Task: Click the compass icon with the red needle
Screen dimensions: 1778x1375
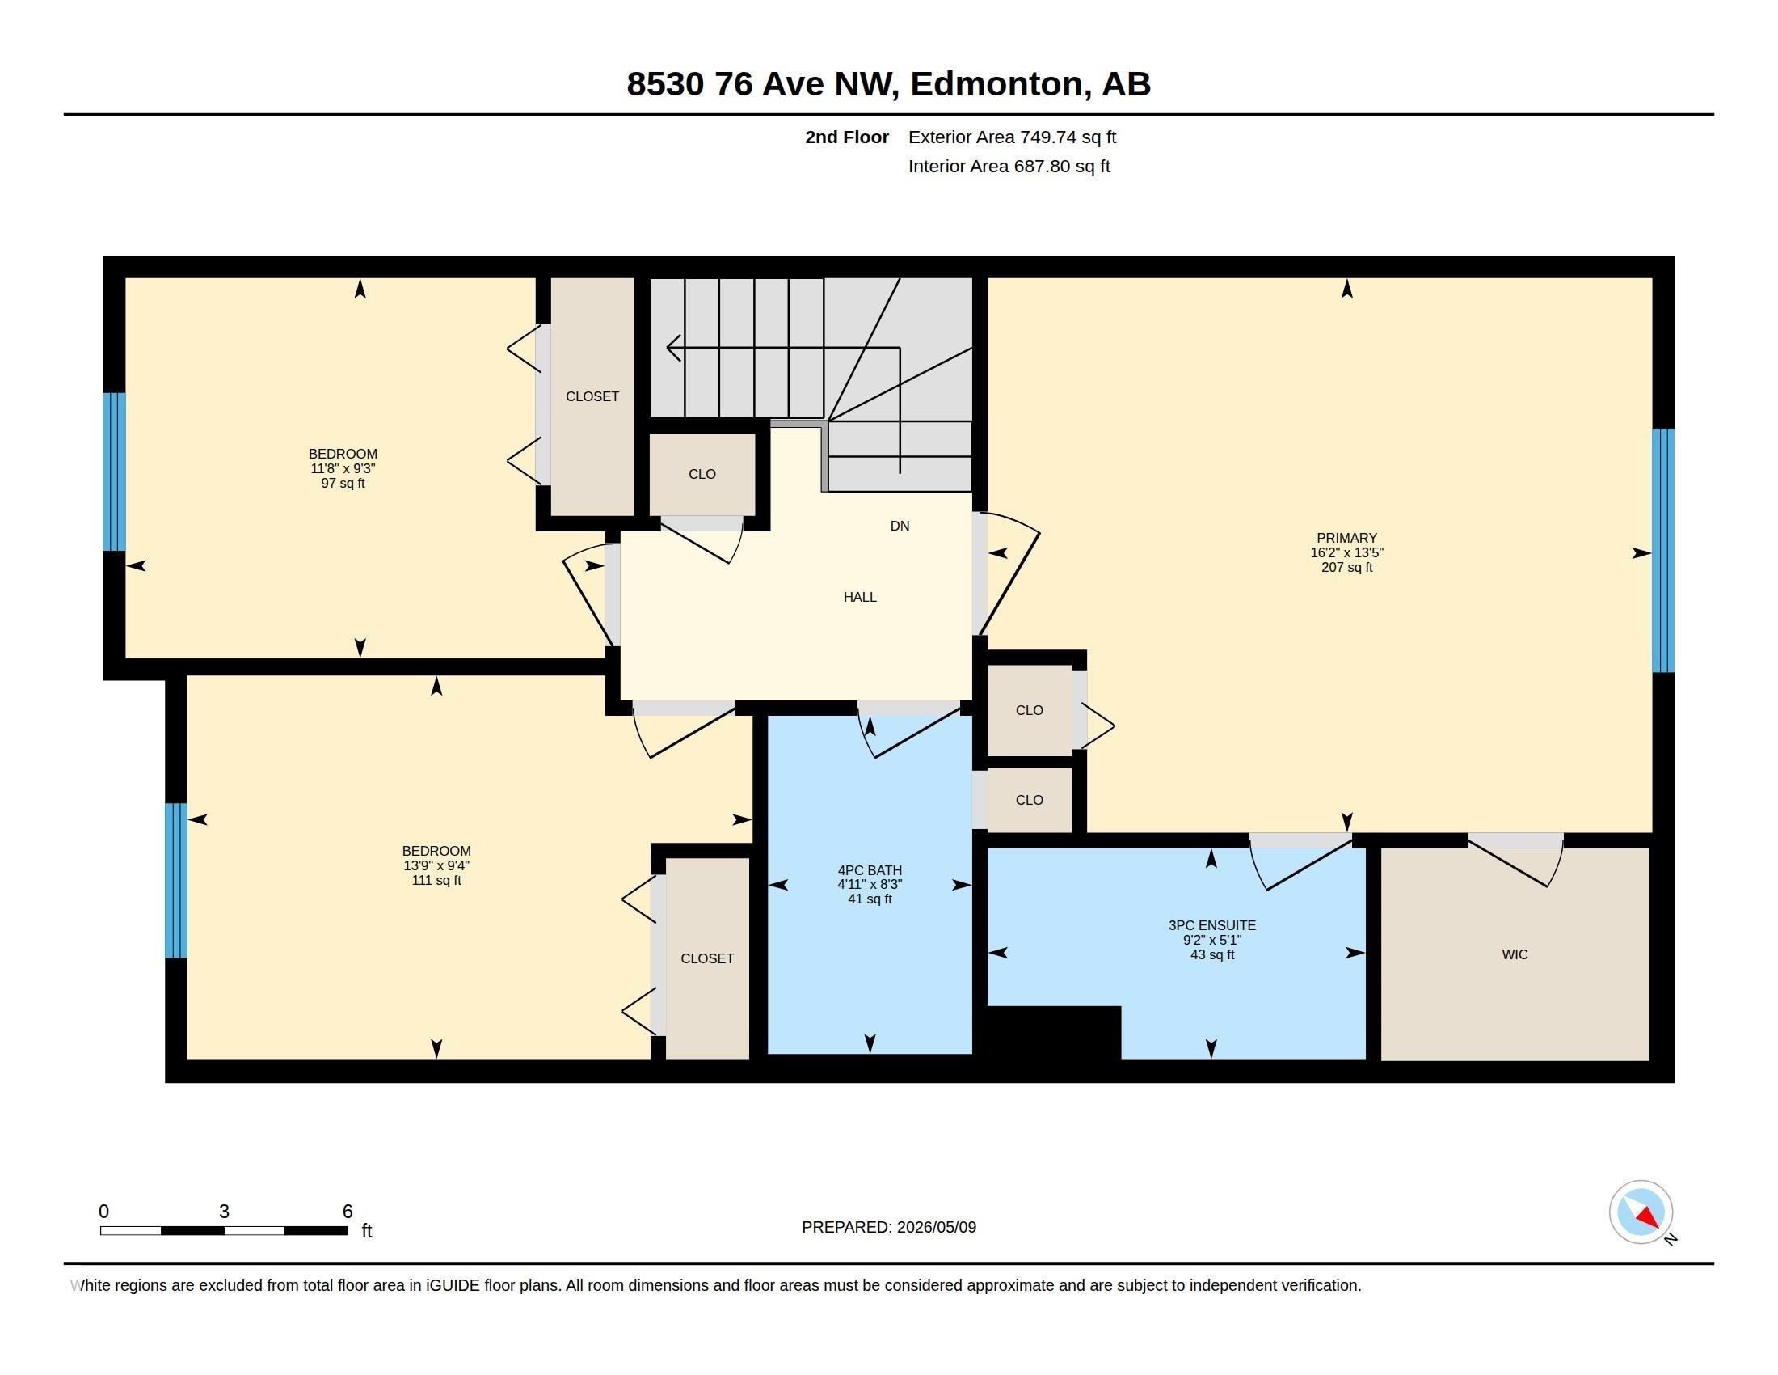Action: point(1641,1212)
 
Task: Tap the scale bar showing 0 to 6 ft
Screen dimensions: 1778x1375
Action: point(224,1230)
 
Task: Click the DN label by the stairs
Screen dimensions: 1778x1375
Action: point(900,527)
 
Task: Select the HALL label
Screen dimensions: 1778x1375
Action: point(860,597)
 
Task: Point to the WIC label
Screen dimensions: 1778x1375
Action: point(1515,954)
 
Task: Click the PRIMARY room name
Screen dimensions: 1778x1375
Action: point(1346,538)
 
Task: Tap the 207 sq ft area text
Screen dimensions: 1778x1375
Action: point(1346,567)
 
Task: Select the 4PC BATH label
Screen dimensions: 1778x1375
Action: point(870,870)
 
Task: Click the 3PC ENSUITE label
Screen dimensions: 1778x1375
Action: point(1212,925)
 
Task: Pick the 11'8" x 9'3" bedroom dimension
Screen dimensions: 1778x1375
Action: point(343,468)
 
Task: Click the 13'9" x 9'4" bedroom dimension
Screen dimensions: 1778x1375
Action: point(436,866)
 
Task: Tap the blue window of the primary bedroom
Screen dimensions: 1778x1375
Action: point(1662,551)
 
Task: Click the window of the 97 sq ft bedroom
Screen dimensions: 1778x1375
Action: point(115,472)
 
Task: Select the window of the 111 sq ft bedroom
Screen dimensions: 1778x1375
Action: point(176,881)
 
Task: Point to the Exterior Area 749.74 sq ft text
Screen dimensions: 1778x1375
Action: point(1012,137)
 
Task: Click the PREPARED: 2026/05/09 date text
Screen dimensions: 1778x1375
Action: point(889,1227)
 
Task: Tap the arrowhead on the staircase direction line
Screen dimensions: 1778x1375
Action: point(672,348)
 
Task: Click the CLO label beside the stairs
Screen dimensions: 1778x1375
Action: point(702,474)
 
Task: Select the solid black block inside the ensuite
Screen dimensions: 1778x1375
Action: point(1053,1033)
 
